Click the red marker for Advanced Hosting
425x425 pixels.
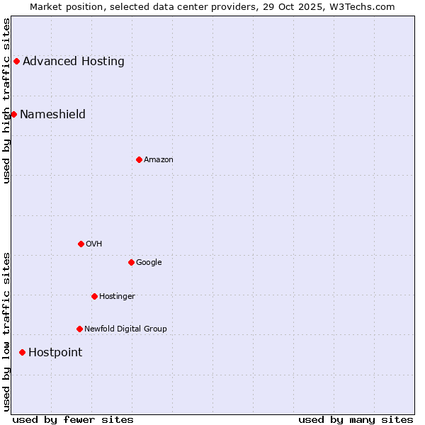pos(16,61)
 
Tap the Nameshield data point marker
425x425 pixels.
pos(13,114)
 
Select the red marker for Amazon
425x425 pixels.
pos(139,159)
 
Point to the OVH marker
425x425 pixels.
pos(81,244)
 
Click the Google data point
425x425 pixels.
pos(131,262)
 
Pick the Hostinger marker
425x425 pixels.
pos(94,296)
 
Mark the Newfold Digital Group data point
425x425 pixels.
pos(79,329)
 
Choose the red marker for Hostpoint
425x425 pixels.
pos(22,352)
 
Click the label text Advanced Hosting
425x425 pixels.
pos(74,61)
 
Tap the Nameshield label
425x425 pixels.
pos(52,114)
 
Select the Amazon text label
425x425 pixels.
pos(159,159)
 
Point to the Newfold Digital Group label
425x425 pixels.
pos(125,329)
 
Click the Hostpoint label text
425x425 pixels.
pos(55,352)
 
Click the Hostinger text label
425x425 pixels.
pos(117,296)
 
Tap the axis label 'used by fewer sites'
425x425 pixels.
pos(73,419)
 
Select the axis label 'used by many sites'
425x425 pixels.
pos(356,419)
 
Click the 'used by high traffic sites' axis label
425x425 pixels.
pos(6,101)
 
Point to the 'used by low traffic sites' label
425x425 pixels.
pos(6,331)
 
